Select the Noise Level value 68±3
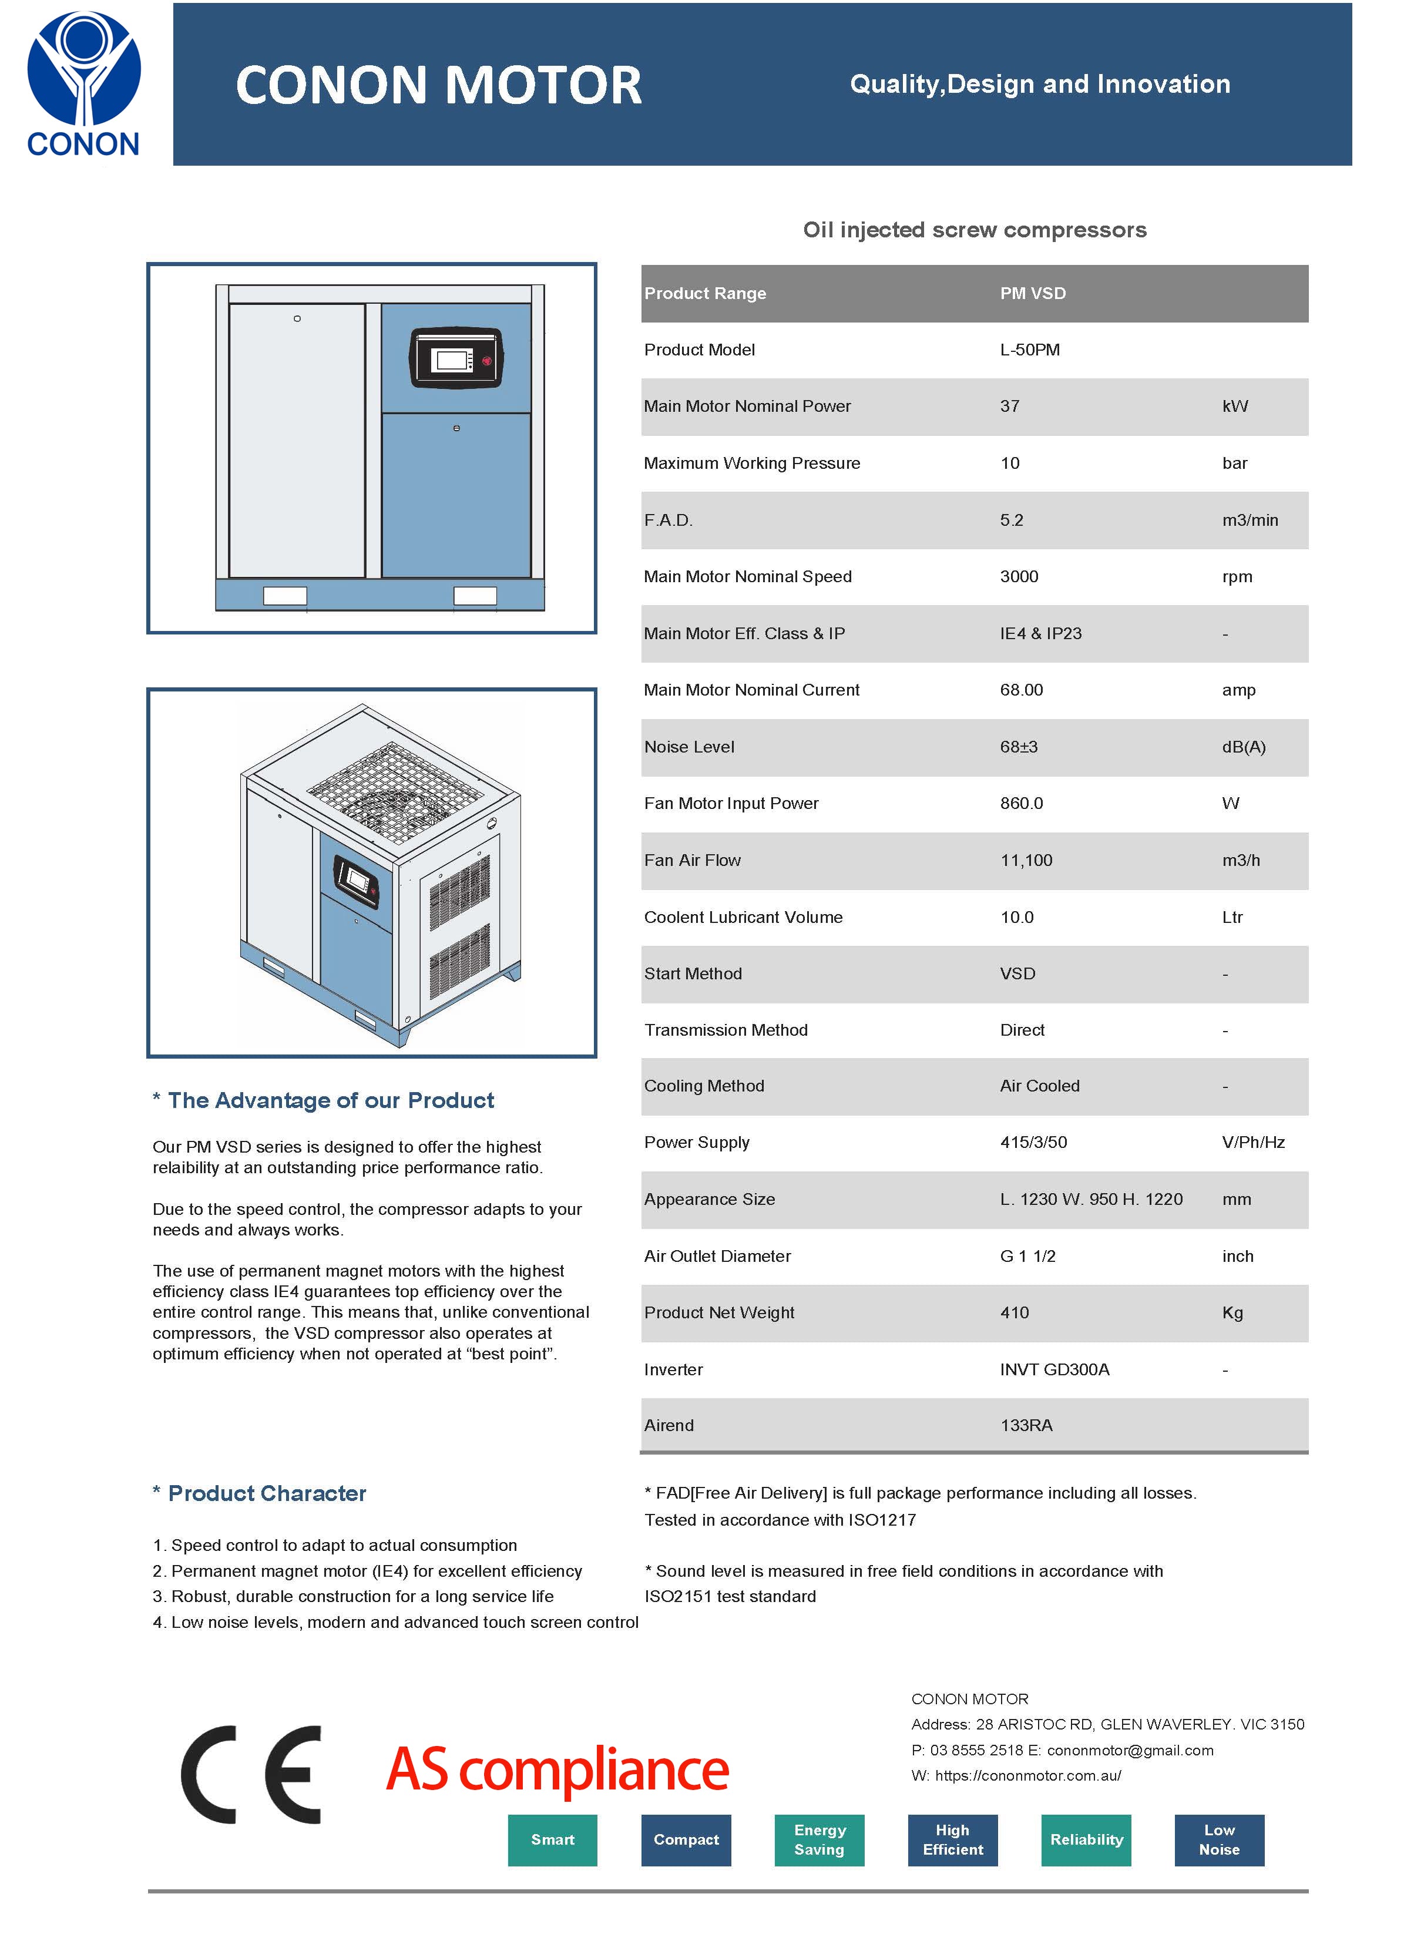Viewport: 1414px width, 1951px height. (x=1019, y=747)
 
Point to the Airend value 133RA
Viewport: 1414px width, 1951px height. (x=1026, y=1425)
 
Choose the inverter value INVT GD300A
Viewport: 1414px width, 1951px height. (x=1054, y=1369)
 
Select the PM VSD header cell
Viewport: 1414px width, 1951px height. (x=1032, y=293)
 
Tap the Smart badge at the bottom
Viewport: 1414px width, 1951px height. (x=552, y=1839)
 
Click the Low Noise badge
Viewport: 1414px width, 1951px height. (x=1219, y=1839)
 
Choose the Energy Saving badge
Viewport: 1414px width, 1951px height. (x=819, y=1839)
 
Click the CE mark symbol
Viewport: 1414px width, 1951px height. (x=251, y=1774)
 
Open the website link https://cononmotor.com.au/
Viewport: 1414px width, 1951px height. (x=1028, y=1775)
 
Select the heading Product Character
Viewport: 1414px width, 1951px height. (x=267, y=1493)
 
